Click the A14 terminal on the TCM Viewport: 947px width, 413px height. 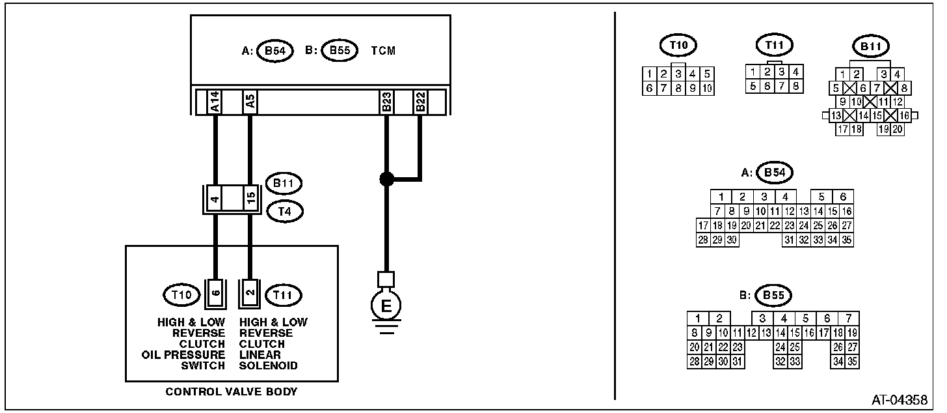[214, 102]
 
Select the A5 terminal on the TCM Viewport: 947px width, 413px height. [250, 102]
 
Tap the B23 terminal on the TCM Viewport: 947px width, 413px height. [386, 102]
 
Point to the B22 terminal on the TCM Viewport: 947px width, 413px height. [420, 102]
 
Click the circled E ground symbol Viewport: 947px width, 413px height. [386, 306]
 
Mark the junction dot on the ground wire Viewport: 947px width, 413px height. [386, 178]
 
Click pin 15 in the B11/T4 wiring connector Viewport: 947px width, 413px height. [250, 198]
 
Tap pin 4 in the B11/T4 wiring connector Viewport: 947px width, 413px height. [214, 198]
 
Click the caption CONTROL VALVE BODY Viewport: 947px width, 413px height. [231, 392]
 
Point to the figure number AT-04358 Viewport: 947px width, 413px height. [900, 399]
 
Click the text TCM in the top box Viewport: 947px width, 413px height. [383, 50]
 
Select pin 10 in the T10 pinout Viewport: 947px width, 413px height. [706, 89]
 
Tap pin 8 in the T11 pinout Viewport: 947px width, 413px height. [795, 86]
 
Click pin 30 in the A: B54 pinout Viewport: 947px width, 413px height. [732, 240]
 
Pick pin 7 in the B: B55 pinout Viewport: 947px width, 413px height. [848, 319]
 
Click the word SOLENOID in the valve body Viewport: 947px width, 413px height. [268, 365]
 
